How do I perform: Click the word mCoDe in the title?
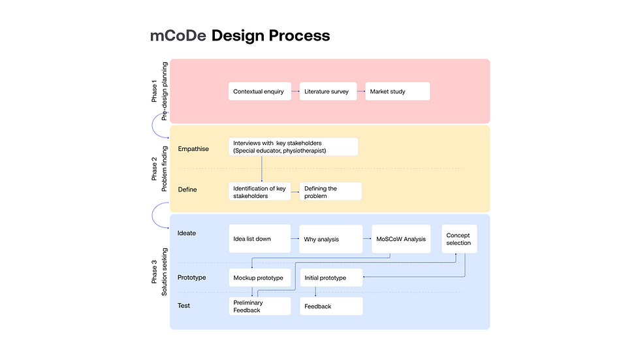pyautogui.click(x=178, y=35)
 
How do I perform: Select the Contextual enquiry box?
pyautogui.click(x=260, y=91)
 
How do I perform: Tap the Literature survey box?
pyautogui.click(x=328, y=91)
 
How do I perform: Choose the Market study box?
pyautogui.click(x=397, y=91)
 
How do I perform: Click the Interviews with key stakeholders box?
pyautogui.click(x=293, y=146)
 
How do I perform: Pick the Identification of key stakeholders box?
pyautogui.click(x=260, y=191)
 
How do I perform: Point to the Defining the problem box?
pyautogui.click(x=330, y=191)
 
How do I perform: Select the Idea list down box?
pyautogui.click(x=260, y=238)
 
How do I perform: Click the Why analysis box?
pyautogui.click(x=330, y=238)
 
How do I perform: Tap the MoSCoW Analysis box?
pyautogui.click(x=401, y=238)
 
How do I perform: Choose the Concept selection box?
pyautogui.click(x=459, y=238)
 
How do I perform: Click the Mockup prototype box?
pyautogui.click(x=260, y=278)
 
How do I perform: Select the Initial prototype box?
pyautogui.click(x=331, y=278)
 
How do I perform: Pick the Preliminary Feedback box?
pyautogui.click(x=260, y=306)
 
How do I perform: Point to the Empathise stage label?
pyautogui.click(x=193, y=149)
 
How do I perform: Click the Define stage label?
pyautogui.click(x=187, y=189)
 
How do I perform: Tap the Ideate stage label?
pyautogui.click(x=187, y=233)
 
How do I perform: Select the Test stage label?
pyautogui.click(x=184, y=305)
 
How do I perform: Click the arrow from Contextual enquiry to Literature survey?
pyautogui.click(x=295, y=91)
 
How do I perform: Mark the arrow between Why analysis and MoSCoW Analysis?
pyautogui.click(x=367, y=238)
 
